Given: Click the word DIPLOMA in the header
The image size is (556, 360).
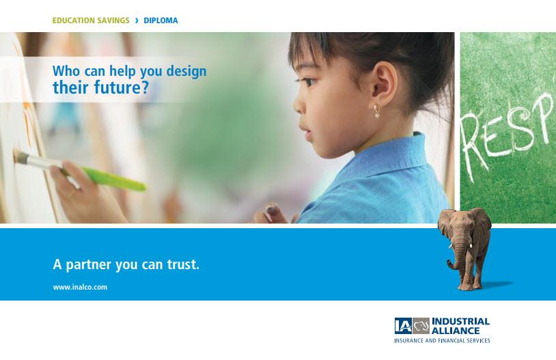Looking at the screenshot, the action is tap(161, 20).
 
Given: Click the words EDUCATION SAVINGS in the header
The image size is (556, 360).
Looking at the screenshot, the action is tap(91, 20).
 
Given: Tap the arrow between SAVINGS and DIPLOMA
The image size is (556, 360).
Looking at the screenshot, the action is tap(137, 20).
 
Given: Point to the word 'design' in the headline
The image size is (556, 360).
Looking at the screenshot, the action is tap(186, 71).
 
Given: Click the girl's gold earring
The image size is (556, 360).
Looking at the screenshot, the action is tap(376, 111).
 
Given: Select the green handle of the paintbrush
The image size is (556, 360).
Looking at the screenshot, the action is tap(110, 178).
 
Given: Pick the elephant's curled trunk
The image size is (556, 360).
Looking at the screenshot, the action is tap(456, 255).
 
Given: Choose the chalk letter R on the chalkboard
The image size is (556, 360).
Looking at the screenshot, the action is tap(473, 146).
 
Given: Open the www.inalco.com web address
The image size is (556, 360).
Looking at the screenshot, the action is tap(80, 288).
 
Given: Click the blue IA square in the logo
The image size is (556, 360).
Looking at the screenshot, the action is tap(403, 326).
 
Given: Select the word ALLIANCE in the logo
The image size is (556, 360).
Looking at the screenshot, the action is tap(456, 331).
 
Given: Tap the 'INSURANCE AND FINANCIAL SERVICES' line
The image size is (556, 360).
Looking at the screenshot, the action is tap(442, 340).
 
